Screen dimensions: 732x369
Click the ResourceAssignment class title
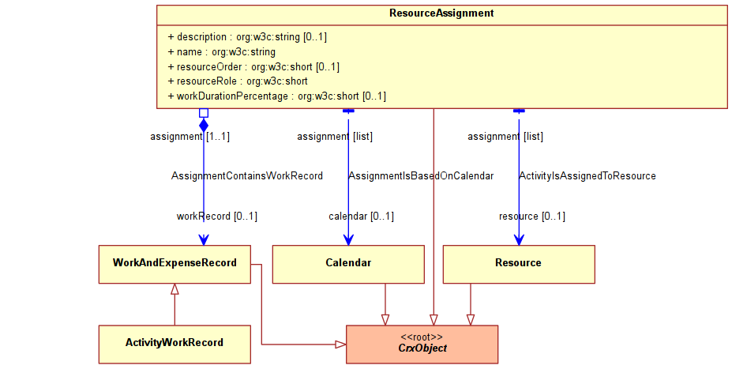pos(441,13)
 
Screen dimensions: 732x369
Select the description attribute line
pos(247,37)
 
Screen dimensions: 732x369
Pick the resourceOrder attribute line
pos(253,67)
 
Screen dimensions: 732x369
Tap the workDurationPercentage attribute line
pos(277,96)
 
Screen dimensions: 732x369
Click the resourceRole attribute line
pos(238,81)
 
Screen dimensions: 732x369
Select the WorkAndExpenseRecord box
pos(175,265)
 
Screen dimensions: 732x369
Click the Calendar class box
pos(348,265)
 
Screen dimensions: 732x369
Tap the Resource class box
pos(519,265)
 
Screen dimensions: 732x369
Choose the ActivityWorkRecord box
pos(175,345)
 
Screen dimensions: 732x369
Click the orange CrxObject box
pos(422,345)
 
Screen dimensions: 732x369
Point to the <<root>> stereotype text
pos(422,337)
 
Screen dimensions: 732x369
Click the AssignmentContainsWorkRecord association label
pos(247,176)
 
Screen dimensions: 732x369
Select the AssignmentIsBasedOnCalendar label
pos(421,176)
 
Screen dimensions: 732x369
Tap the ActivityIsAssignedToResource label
pos(587,176)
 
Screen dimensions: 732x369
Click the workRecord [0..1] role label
pos(216,217)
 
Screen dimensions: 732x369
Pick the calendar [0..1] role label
pos(361,217)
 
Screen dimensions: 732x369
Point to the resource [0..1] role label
pos(531,217)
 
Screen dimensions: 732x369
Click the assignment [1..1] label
pos(190,137)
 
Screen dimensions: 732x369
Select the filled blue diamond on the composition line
pos(204,125)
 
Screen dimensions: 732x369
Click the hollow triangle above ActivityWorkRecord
pos(175,289)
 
